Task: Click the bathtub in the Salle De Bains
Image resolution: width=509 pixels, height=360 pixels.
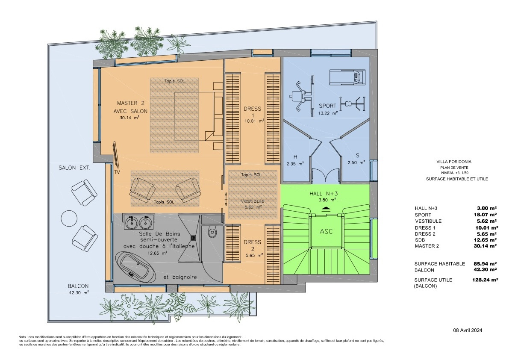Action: [134, 265]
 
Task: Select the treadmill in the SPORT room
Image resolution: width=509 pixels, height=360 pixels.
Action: [347, 77]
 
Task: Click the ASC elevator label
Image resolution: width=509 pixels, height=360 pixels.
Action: [326, 231]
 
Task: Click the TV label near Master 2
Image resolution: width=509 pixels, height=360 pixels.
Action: [117, 172]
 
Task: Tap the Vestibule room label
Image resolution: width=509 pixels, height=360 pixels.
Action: [253, 201]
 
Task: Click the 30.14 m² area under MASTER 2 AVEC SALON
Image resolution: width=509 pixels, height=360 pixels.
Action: [129, 118]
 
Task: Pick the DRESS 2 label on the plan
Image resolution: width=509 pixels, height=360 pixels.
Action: [253, 245]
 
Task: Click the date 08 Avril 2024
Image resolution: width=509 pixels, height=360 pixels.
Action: [468, 330]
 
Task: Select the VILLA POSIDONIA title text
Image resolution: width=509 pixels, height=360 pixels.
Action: [454, 162]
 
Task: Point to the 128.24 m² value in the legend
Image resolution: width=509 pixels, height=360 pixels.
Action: [485, 280]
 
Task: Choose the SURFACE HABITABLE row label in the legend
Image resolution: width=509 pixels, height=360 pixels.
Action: [439, 264]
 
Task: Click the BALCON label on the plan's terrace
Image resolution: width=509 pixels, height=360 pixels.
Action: [78, 286]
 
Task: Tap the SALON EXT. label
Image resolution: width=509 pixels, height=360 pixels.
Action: [74, 168]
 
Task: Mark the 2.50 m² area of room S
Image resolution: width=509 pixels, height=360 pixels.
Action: [356, 162]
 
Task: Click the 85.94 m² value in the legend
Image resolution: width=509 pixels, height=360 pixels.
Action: [486, 264]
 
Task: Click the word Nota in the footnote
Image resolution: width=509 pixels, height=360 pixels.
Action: [22, 337]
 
